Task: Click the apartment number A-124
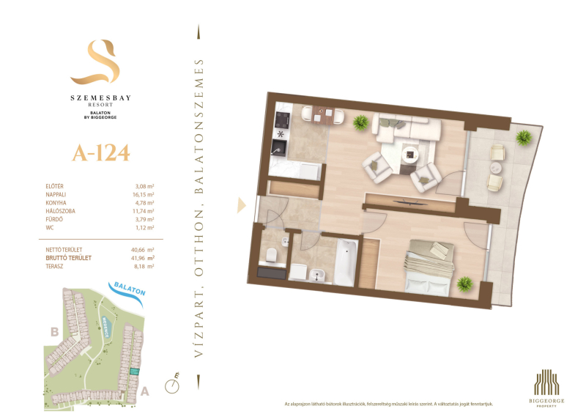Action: click(101, 153)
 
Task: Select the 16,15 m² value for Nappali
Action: click(144, 194)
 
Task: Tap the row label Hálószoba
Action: click(61, 211)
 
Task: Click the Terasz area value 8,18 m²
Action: click(144, 267)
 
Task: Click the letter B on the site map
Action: click(54, 332)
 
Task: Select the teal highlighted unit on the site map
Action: click(134, 372)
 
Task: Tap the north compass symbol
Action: click(172, 385)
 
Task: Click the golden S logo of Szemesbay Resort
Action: click(96, 62)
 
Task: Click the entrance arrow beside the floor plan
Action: click(242, 205)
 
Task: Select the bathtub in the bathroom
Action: click(345, 262)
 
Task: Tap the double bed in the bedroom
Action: click(430, 267)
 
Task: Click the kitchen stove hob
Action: click(282, 120)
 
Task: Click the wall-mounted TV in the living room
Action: click(410, 203)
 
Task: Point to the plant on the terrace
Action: click(524, 138)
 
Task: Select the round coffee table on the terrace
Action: click(496, 168)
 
